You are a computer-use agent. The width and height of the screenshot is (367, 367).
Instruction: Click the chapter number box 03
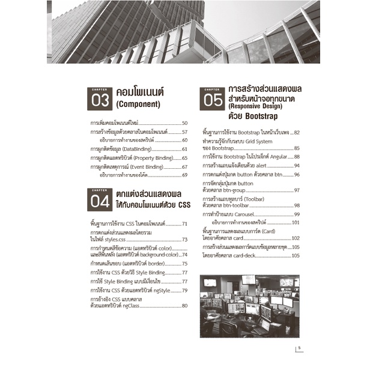pos(97,99)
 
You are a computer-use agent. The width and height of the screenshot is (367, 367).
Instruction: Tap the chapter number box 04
pos(97,202)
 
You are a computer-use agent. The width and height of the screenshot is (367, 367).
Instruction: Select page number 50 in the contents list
pos(185,123)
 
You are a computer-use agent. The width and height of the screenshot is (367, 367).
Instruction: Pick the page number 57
pos(185,132)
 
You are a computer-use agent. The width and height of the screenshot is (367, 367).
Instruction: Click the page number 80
pos(185,306)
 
